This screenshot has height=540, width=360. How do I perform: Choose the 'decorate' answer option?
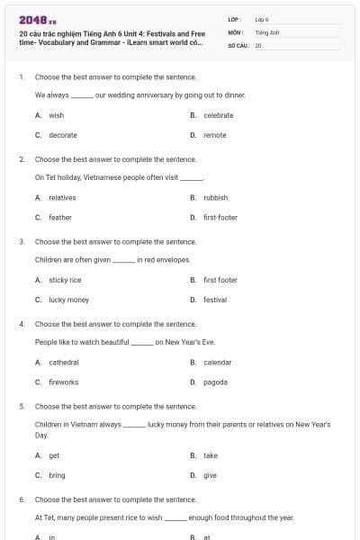(63, 135)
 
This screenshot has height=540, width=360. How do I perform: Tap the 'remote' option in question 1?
(214, 135)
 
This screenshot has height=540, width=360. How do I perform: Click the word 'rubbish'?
(215, 197)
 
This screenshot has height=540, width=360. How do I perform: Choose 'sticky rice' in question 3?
(65, 280)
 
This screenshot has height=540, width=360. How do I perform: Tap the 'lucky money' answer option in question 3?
(68, 300)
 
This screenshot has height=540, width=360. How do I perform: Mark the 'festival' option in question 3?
(214, 300)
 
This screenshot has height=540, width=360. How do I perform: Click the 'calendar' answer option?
(217, 362)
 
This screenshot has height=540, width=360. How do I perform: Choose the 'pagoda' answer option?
(215, 382)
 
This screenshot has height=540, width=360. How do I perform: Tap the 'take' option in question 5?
(210, 455)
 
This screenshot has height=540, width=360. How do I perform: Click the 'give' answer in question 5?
(210, 475)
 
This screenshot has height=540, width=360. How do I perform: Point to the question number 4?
(22, 324)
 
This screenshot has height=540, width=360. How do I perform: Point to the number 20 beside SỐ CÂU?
(258, 44)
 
